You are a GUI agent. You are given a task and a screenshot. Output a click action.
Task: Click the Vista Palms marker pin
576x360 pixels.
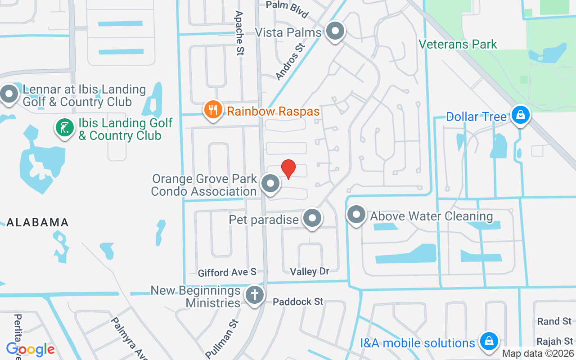click(x=335, y=31)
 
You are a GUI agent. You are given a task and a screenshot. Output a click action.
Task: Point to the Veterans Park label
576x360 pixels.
click(x=458, y=44)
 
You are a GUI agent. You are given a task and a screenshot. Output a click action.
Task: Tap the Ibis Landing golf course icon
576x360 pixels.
click(x=65, y=128)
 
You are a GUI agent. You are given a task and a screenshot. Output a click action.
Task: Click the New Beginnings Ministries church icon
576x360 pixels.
click(x=254, y=295)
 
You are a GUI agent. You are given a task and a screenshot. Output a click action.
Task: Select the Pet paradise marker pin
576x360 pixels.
click(x=312, y=219)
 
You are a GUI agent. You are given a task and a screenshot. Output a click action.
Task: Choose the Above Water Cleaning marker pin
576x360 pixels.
click(x=356, y=215)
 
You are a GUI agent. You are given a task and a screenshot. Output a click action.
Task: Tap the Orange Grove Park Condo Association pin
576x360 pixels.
click(x=270, y=184)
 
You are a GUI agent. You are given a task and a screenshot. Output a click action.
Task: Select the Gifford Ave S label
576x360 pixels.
click(x=227, y=272)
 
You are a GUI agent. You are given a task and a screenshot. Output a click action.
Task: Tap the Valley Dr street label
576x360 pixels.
click(x=310, y=271)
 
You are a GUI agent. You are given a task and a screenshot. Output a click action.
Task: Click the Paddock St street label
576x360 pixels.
click(x=298, y=301)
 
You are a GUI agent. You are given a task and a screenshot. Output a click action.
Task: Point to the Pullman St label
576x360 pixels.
click(x=221, y=337)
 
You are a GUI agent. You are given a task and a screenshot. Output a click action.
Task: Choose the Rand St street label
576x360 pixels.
click(x=554, y=321)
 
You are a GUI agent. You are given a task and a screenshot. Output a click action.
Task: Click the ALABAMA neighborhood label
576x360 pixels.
click(x=37, y=222)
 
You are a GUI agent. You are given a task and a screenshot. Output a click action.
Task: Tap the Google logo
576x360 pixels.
click(x=30, y=349)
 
